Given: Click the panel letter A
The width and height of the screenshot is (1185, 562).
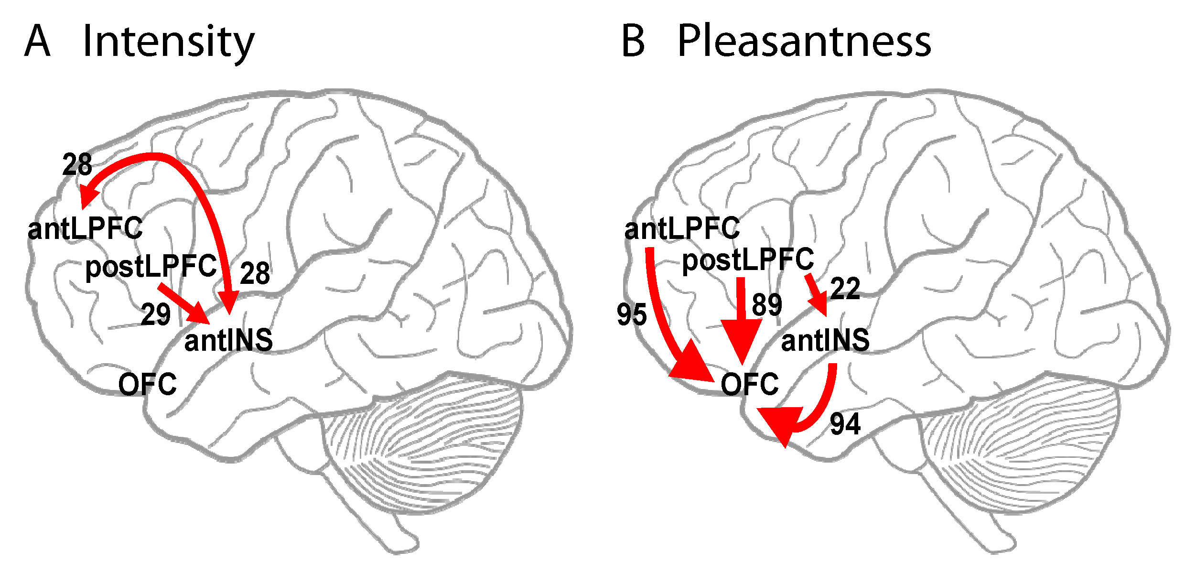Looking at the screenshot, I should point(37,42).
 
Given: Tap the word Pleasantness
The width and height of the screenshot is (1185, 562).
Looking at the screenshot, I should point(804,42).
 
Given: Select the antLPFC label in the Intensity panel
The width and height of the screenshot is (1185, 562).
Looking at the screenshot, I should point(85,228).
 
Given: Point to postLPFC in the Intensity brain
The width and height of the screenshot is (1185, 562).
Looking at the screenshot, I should point(151,266).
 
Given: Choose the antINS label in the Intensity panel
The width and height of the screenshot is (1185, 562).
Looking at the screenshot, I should point(228,340).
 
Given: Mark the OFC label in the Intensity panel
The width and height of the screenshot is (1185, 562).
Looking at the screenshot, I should point(147,384).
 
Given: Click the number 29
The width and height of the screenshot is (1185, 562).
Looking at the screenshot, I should point(156,314).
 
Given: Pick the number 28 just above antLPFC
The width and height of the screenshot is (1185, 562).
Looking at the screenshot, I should point(77,165).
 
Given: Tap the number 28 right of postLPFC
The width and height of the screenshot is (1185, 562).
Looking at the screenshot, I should point(255,273).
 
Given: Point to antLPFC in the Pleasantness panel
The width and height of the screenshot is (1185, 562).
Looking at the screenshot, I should point(682,228).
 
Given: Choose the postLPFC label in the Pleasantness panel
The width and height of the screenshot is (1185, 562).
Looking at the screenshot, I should point(748,259).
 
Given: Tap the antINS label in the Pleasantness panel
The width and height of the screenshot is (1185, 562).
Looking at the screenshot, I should point(825,340).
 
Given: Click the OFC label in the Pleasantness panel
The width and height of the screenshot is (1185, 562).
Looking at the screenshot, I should point(750,384).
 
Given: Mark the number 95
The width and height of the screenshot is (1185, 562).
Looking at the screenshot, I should point(632,314).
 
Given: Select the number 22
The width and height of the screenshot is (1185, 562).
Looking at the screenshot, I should point(845,289).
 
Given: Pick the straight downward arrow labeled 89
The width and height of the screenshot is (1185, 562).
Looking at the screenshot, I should point(741,320).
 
